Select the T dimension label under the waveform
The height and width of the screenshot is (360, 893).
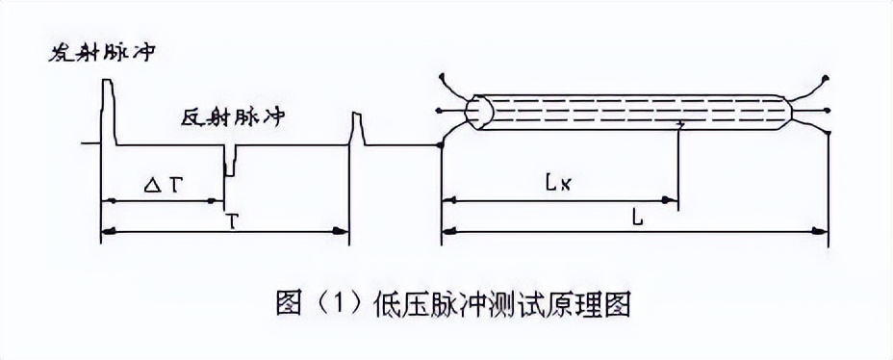click(x=231, y=220)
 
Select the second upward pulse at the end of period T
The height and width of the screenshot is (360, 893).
click(x=356, y=129)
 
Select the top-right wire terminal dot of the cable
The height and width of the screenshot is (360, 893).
click(x=826, y=75)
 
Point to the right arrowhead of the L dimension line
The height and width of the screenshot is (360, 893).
click(x=823, y=231)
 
